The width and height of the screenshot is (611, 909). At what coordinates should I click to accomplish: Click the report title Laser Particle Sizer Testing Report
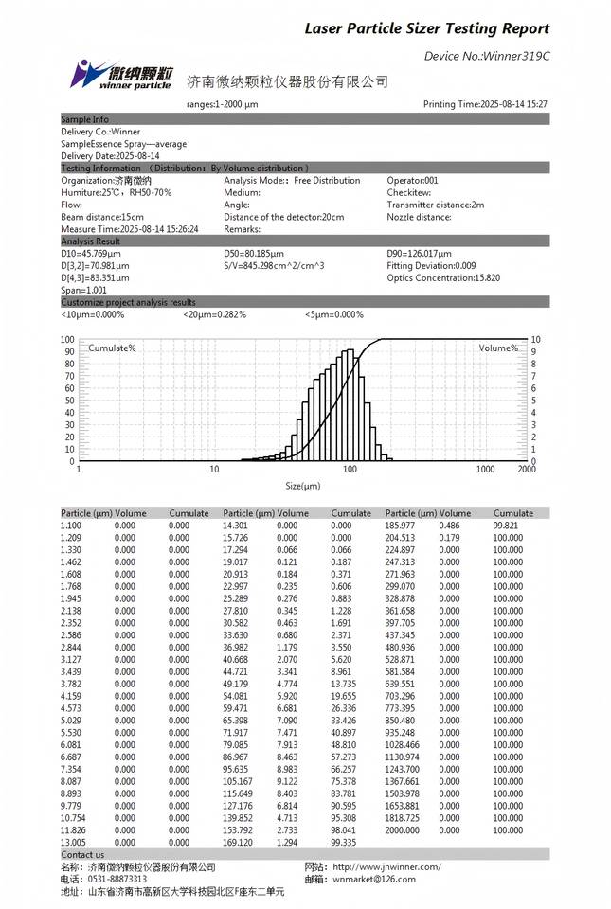click(x=426, y=29)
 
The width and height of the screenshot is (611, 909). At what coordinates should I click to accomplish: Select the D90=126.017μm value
click(x=420, y=254)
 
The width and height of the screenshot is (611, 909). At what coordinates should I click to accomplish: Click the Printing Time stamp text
click(x=485, y=104)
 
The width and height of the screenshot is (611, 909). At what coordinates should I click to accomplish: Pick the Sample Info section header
click(x=84, y=119)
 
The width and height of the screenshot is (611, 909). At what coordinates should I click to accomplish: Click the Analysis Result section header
click(x=91, y=241)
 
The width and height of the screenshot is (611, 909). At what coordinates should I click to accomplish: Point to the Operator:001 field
click(x=413, y=180)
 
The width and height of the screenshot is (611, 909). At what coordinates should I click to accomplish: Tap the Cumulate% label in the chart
click(x=112, y=348)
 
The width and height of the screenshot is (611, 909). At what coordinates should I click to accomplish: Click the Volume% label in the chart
click(x=498, y=348)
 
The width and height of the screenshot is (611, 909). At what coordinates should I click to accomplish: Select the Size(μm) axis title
click(x=303, y=486)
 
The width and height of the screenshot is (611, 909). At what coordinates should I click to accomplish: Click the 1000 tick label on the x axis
click(x=486, y=469)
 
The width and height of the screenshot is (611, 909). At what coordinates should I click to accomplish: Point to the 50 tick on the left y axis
click(x=67, y=401)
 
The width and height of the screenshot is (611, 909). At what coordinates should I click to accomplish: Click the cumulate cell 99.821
click(x=508, y=525)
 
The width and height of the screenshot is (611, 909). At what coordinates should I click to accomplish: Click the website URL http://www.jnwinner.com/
click(x=386, y=866)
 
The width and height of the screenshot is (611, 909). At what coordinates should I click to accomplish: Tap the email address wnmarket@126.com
click(x=374, y=879)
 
